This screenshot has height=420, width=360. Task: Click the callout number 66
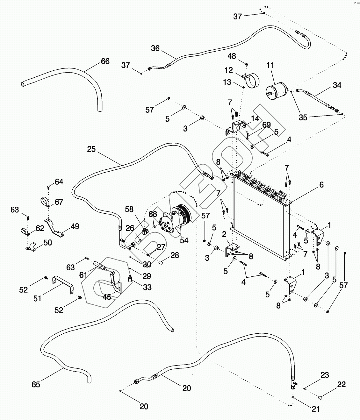point(105,61)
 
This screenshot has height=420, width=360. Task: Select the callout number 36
point(155,48)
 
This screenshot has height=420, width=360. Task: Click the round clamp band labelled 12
point(251,80)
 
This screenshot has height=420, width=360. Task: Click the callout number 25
point(91,149)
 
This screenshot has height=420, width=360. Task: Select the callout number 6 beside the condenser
point(321,185)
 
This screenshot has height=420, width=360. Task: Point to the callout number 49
point(75,226)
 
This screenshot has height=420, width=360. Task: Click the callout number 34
point(337,85)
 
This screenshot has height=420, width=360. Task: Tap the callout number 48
point(232,56)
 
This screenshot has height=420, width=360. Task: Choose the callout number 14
point(255,119)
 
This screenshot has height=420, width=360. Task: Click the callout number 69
point(266,125)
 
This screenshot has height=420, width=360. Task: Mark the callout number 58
point(129,209)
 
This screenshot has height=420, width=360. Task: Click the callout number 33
point(147,287)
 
